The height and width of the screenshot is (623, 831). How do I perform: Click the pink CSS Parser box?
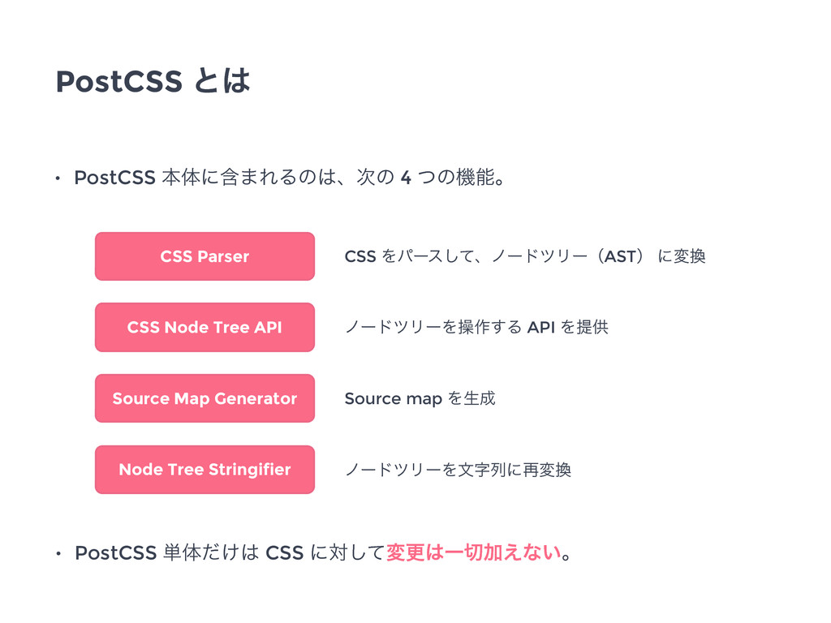pyautogui.click(x=205, y=256)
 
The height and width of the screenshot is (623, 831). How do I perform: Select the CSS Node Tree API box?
pyautogui.click(x=205, y=328)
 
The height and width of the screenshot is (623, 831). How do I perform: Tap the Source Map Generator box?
pyautogui.click(x=205, y=398)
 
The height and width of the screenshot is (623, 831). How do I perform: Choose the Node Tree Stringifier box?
pyautogui.click(x=205, y=470)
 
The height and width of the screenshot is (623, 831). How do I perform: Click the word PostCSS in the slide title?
pyautogui.click(x=119, y=82)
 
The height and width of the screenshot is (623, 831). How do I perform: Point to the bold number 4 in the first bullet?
pyautogui.click(x=406, y=178)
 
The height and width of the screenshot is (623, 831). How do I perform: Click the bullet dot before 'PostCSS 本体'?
pyautogui.click(x=58, y=178)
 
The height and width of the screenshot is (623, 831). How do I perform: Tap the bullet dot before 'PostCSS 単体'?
pyautogui.click(x=58, y=554)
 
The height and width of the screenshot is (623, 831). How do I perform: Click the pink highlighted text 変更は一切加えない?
pyautogui.click(x=474, y=552)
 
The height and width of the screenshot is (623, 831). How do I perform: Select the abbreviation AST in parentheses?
pyautogui.click(x=620, y=257)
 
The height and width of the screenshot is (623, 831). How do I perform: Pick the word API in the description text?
pyautogui.click(x=541, y=328)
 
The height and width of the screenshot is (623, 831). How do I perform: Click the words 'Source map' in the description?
pyautogui.click(x=394, y=399)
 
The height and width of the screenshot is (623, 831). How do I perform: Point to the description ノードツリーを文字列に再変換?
pyautogui.click(x=459, y=470)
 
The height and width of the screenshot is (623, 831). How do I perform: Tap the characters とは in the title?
pyautogui.click(x=222, y=81)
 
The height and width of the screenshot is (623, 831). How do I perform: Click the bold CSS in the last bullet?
pyautogui.click(x=285, y=553)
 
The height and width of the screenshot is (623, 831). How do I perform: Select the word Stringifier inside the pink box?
pyautogui.click(x=250, y=470)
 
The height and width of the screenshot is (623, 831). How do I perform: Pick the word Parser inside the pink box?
pyautogui.click(x=223, y=257)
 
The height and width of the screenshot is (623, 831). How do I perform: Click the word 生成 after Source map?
pyautogui.click(x=480, y=398)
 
